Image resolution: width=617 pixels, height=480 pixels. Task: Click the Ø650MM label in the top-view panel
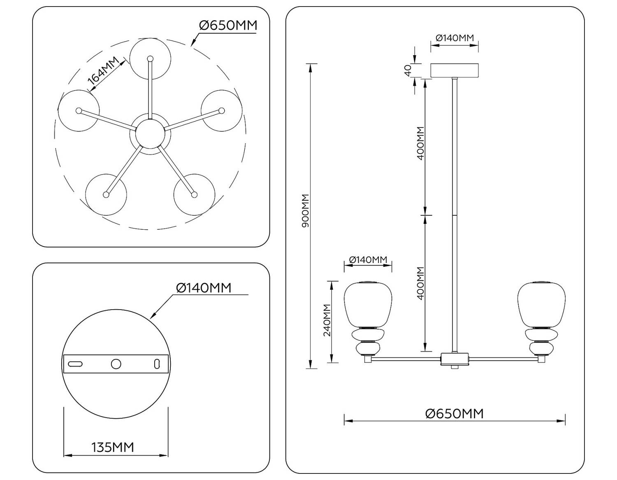pyautogui.click(x=228, y=26)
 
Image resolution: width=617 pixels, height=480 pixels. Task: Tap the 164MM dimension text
pyautogui.click(x=103, y=74)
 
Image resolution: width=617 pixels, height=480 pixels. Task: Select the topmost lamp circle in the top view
pyautogui.click(x=150, y=58)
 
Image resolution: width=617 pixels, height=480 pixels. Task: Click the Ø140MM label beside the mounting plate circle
pyautogui.click(x=204, y=288)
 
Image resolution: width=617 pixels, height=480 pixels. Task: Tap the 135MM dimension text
pyautogui.click(x=113, y=447)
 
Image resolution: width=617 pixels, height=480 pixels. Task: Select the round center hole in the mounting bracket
pyautogui.click(x=116, y=364)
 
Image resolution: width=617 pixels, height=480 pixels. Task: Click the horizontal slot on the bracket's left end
pyautogui.click(x=75, y=364)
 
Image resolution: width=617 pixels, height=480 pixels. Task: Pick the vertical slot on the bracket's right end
pyautogui.click(x=157, y=364)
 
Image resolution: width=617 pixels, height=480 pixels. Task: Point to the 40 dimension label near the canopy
pyautogui.click(x=408, y=70)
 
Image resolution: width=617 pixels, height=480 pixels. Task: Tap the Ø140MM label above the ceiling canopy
pyautogui.click(x=455, y=38)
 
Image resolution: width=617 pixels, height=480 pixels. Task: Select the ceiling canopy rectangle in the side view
pyautogui.click(x=455, y=70)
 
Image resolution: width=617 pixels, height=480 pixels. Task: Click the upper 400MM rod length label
pyautogui.click(x=420, y=143)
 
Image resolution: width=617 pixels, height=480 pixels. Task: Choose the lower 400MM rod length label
pyautogui.click(x=420, y=283)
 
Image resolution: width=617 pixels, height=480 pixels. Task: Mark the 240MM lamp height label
pyautogui.click(x=327, y=320)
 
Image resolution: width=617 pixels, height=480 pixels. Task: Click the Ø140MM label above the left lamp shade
pyautogui.click(x=368, y=260)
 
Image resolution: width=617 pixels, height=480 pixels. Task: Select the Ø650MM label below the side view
pyautogui.click(x=455, y=413)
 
